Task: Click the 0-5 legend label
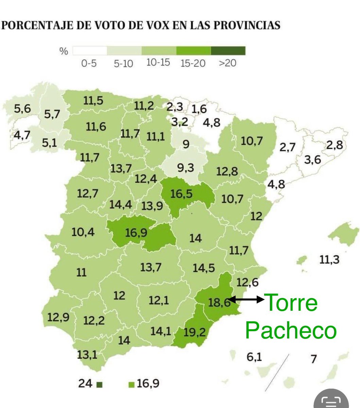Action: [x=89, y=63]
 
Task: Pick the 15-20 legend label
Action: [x=193, y=63]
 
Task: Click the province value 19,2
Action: [x=194, y=332]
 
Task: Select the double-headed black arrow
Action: [x=246, y=300]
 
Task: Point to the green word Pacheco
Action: [x=291, y=330]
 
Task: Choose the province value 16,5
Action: [x=181, y=194]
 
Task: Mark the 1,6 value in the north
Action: [x=199, y=109]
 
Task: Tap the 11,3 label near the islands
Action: [x=329, y=260]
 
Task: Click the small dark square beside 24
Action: [x=99, y=385]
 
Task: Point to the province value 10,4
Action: [x=83, y=232]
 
